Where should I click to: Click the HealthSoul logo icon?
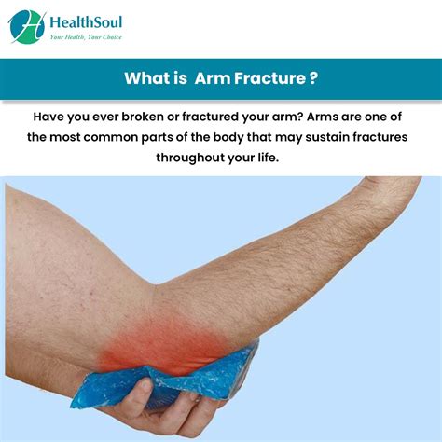(27, 27)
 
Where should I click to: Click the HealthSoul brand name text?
(86, 22)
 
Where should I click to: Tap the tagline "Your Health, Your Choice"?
(86, 37)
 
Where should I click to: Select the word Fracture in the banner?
(269, 78)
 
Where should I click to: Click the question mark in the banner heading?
(314, 78)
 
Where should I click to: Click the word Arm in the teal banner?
(213, 78)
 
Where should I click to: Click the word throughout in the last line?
(190, 158)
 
